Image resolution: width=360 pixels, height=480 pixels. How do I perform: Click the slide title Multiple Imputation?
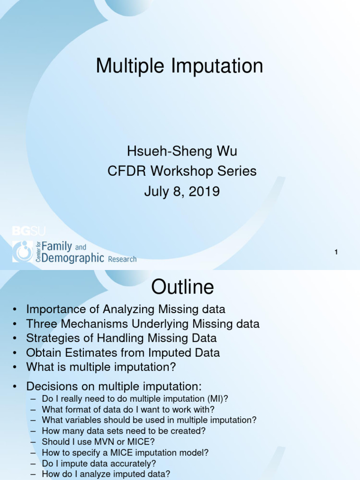click(x=180, y=66)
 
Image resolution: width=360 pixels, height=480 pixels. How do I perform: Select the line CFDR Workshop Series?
click(x=182, y=171)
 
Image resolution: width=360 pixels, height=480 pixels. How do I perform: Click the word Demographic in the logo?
click(x=73, y=258)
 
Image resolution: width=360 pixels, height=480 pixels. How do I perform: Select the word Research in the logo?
click(x=122, y=259)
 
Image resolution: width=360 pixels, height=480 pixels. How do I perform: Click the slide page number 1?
click(x=336, y=253)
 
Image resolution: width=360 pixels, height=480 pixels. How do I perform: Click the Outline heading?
click(x=182, y=287)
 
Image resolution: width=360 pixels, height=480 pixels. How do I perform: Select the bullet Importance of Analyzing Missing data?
click(x=126, y=309)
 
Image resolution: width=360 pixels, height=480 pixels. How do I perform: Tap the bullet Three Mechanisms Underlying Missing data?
click(x=142, y=324)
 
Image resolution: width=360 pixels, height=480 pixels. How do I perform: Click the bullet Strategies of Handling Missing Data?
click(x=121, y=338)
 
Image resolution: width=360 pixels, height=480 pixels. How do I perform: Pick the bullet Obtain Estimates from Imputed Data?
click(x=123, y=352)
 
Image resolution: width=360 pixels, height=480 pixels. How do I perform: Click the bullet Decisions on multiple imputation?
click(x=114, y=386)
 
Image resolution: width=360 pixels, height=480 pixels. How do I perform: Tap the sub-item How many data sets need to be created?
click(x=124, y=431)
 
